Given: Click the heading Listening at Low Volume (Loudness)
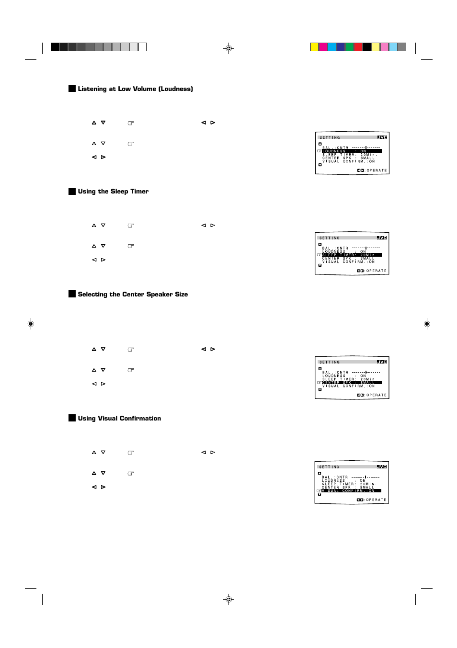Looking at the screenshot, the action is (x=135, y=89).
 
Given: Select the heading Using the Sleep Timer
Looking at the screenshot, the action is (x=113, y=192).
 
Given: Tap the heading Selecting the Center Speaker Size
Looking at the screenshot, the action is (x=133, y=295).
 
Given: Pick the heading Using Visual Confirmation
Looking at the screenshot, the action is (x=119, y=419).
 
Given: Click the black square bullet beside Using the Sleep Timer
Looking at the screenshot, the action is (x=72, y=192).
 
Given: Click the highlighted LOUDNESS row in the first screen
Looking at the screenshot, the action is (x=352, y=151).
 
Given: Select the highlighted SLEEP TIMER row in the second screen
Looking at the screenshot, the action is (x=352, y=255).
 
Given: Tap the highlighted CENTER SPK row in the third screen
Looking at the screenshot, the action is (x=352, y=383).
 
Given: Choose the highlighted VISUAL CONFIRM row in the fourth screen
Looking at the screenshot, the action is (x=351, y=491).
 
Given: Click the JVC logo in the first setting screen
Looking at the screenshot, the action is (x=382, y=137).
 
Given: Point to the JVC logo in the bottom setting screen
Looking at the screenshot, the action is (x=381, y=466).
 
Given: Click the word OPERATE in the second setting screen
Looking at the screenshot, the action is (x=377, y=271).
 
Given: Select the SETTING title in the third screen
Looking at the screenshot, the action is (x=330, y=362).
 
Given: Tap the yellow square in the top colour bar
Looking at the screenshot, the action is (x=314, y=47).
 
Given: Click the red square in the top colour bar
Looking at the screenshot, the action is (x=358, y=47).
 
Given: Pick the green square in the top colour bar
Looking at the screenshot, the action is (x=349, y=47).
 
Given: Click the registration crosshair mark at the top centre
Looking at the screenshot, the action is (x=229, y=48).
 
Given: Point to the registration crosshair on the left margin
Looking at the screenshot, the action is (x=31, y=324).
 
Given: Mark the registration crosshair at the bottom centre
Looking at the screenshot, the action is (x=229, y=599).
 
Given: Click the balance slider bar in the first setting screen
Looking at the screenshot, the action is (x=366, y=148).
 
